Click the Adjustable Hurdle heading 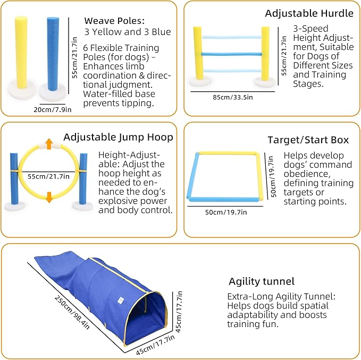(x=309, y=13)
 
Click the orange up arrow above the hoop (x=49, y=143)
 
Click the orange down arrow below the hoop (x=49, y=197)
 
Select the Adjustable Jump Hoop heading (x=118, y=137)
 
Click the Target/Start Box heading (x=308, y=140)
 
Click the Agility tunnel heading (x=261, y=281)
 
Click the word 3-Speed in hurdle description (x=310, y=28)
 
